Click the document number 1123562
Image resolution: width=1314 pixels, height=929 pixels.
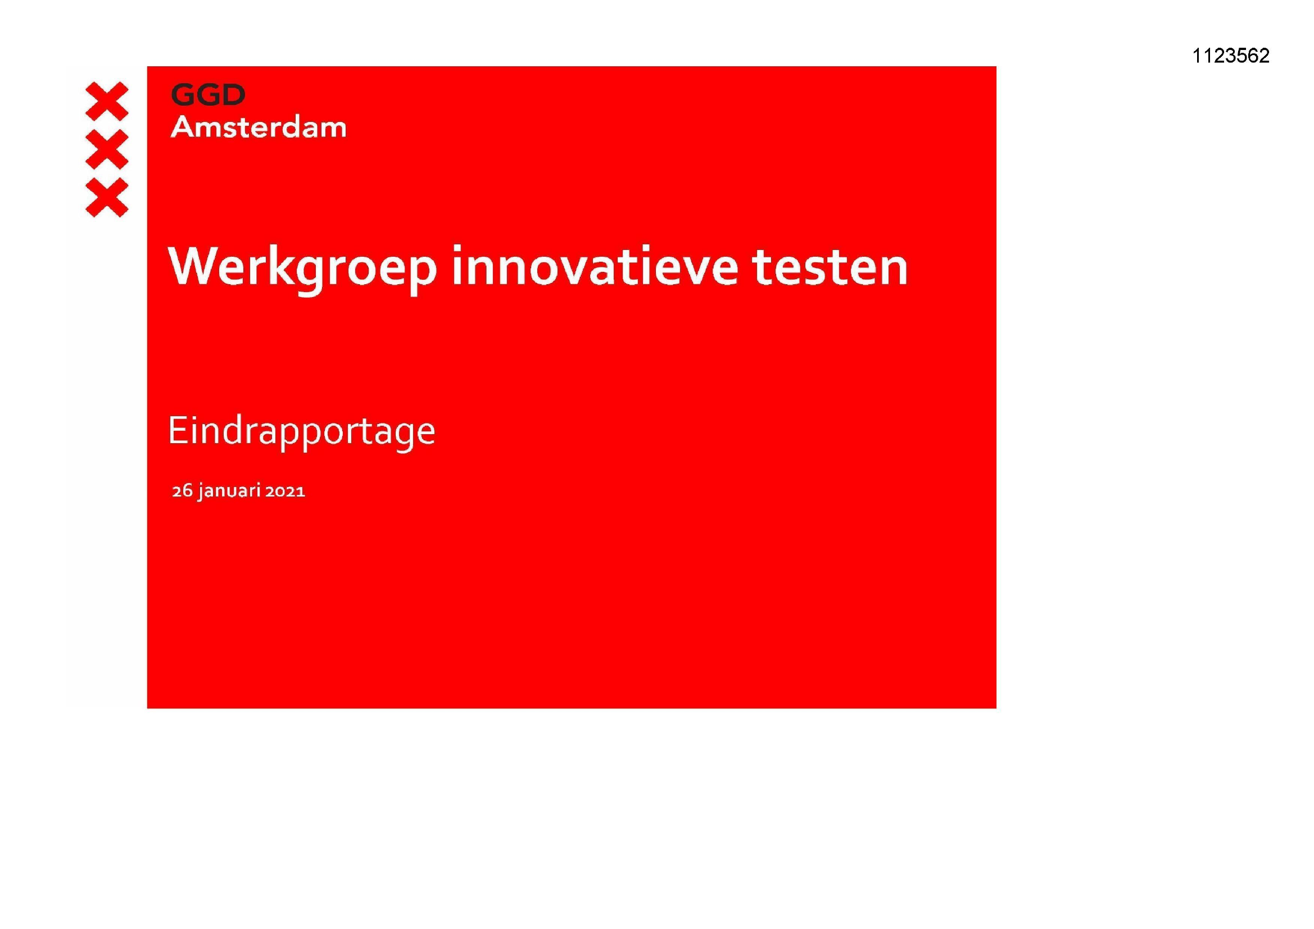click(1230, 56)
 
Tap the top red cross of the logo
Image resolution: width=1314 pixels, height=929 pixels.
click(106, 101)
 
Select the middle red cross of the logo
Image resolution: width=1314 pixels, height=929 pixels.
click(106, 149)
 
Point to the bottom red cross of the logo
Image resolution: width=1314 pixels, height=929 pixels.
click(106, 197)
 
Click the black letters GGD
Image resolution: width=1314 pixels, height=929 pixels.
click(209, 95)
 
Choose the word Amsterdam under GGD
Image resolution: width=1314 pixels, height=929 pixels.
click(259, 127)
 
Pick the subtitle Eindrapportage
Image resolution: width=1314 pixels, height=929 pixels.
click(302, 431)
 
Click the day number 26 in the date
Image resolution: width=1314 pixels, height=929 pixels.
click(182, 491)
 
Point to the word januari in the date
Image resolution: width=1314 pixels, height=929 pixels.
click(229, 491)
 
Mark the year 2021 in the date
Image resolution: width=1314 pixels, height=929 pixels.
click(285, 491)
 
